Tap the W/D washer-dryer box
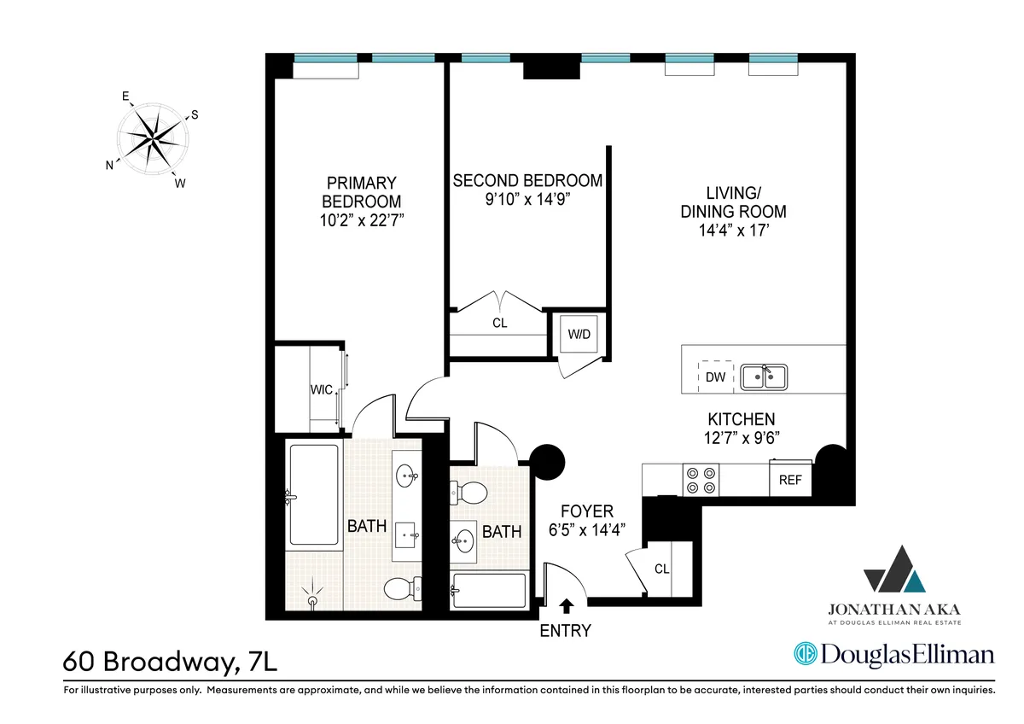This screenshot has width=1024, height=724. (x=579, y=334)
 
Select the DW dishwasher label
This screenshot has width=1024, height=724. (x=714, y=377)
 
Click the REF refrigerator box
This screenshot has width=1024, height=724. (x=790, y=480)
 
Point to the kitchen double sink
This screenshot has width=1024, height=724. (x=765, y=377)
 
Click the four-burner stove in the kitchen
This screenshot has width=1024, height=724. (x=701, y=479)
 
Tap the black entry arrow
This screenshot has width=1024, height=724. (x=566, y=606)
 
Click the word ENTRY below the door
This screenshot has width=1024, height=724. (x=565, y=631)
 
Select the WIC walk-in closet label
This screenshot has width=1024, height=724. (x=321, y=391)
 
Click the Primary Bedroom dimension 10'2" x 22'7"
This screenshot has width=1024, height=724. (x=361, y=220)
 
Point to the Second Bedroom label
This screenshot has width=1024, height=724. (x=527, y=181)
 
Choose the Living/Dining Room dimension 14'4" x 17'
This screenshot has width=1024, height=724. (x=733, y=231)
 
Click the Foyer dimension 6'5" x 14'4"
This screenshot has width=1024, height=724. (x=588, y=529)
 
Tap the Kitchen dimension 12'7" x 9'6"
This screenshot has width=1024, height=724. (x=741, y=437)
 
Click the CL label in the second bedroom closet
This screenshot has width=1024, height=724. (x=499, y=324)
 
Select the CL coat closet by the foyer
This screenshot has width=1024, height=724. (x=662, y=567)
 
